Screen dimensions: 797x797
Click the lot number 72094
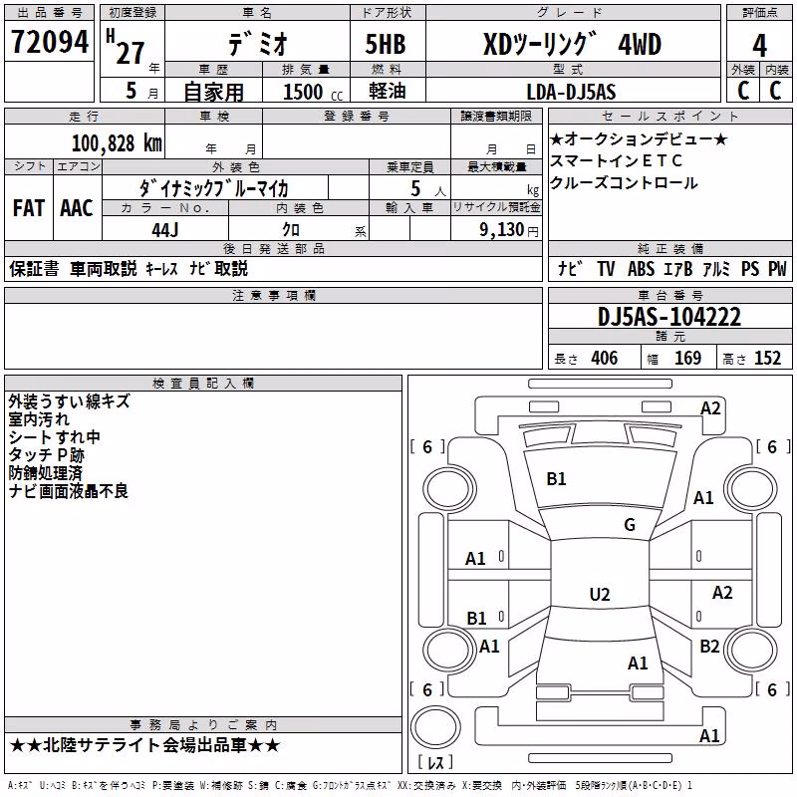click(x=49, y=41)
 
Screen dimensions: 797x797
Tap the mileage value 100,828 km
click(x=117, y=143)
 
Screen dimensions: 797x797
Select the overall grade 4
click(x=759, y=46)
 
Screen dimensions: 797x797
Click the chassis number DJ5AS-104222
click(x=668, y=317)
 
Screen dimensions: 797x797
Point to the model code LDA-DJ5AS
click(x=571, y=92)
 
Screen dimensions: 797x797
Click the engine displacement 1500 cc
click(x=313, y=92)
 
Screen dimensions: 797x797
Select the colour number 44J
click(x=164, y=230)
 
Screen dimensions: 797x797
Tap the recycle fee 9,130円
click(x=509, y=230)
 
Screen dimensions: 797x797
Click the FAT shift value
click(x=29, y=208)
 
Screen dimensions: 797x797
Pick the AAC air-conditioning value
click(x=77, y=208)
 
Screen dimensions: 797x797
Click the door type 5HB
click(x=386, y=44)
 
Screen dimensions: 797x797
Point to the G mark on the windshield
click(x=630, y=524)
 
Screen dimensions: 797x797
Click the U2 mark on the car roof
click(x=600, y=594)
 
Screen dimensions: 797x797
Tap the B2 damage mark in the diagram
click(x=709, y=646)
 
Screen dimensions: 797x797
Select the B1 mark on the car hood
click(x=556, y=479)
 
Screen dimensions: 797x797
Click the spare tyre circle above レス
click(x=435, y=726)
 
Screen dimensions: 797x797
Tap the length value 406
click(x=605, y=359)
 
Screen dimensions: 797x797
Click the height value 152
click(x=767, y=359)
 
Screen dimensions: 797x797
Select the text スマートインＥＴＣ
click(x=616, y=161)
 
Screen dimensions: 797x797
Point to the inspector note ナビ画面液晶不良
click(x=68, y=491)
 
